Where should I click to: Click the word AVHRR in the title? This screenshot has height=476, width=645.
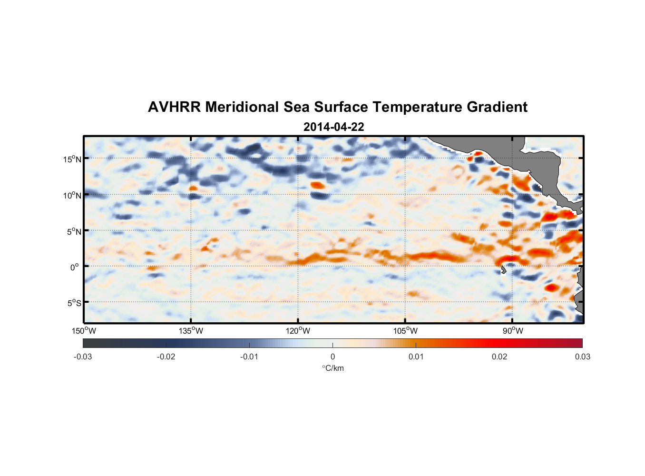(174, 107)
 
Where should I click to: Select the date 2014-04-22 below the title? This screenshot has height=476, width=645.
(333, 127)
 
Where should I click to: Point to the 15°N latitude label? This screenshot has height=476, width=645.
(72, 159)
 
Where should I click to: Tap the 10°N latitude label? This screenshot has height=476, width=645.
(72, 195)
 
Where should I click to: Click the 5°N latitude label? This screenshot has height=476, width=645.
(74, 231)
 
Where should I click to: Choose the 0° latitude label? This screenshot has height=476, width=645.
(75, 267)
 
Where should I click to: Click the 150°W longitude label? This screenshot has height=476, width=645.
(84, 331)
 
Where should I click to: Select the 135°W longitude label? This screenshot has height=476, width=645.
(191, 331)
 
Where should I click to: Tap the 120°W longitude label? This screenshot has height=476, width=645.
(298, 331)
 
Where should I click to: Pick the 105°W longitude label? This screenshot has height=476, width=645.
(405, 331)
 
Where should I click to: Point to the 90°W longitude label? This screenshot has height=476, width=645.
(513, 331)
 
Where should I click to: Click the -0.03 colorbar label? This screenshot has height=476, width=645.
(83, 357)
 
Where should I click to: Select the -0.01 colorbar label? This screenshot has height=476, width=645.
(249, 357)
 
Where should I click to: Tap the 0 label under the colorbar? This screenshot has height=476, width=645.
(332, 357)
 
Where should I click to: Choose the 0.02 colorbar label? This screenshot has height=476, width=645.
(499, 357)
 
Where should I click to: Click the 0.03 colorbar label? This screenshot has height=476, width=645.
(582, 357)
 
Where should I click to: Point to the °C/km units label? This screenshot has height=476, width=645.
(332, 368)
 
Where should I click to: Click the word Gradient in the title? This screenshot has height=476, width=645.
(497, 107)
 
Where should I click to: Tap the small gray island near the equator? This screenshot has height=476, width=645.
(503, 270)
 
